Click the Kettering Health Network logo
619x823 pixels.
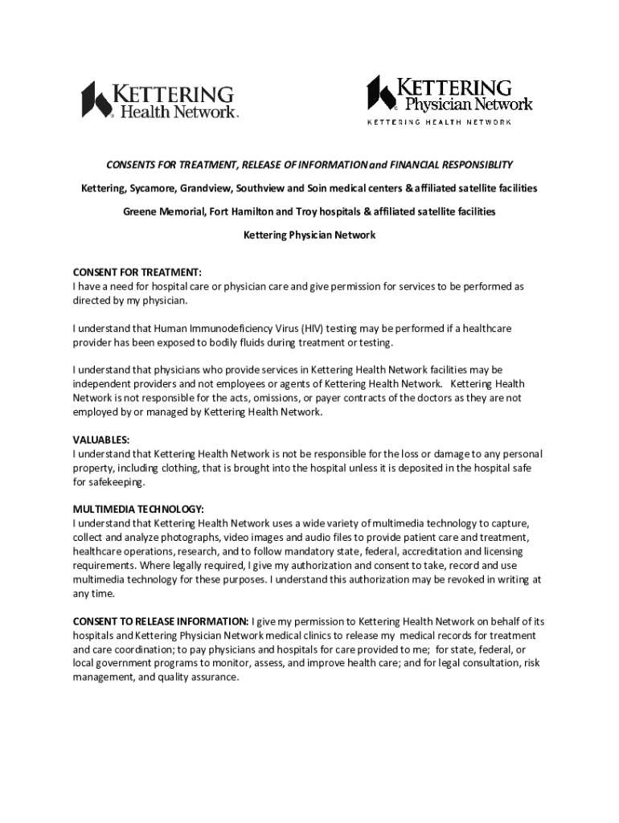coord(160,100)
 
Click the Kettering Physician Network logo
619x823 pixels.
coord(450,98)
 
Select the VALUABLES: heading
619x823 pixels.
coord(101,440)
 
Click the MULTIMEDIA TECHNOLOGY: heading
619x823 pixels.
coord(138,509)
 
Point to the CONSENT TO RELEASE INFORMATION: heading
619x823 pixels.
coord(161,621)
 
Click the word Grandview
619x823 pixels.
coord(211,188)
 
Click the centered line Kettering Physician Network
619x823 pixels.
coord(309,236)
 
